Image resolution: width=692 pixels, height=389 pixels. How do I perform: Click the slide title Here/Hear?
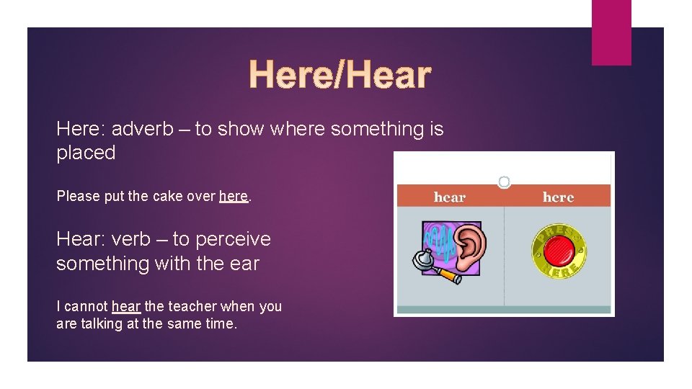tap(340, 75)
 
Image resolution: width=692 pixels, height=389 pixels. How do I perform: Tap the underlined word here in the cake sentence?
tap(233, 196)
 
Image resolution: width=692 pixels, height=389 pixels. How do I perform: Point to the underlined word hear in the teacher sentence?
tap(126, 307)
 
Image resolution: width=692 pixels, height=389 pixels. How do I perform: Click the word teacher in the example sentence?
tap(194, 307)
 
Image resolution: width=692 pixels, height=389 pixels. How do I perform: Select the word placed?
tap(86, 153)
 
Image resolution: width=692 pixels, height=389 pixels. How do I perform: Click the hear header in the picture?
tap(450, 197)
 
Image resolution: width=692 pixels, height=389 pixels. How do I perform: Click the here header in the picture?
tap(558, 197)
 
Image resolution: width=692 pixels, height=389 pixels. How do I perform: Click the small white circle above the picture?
tap(505, 182)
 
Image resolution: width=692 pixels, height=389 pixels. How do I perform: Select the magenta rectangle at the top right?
tap(611, 32)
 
